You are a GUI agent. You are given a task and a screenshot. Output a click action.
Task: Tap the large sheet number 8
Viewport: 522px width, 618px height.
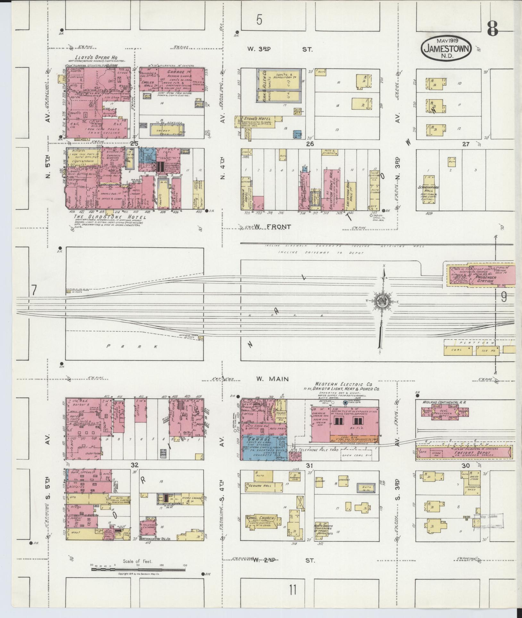click(492, 30)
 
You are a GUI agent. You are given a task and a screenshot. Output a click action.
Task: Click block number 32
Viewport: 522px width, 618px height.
click(134, 465)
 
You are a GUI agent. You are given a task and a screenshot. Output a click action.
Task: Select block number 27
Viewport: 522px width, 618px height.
click(466, 144)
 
